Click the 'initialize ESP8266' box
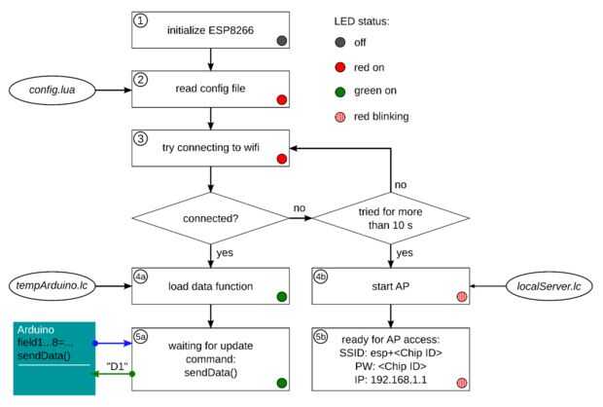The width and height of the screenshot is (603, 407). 210,30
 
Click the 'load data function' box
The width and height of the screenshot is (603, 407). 210,286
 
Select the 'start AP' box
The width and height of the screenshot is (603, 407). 391,286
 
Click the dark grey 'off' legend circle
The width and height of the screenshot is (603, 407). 341,43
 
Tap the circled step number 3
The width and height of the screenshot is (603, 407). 141,137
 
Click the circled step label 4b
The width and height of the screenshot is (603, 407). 323,276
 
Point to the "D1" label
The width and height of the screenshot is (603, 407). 115,367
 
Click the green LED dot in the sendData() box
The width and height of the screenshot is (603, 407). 280,384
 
